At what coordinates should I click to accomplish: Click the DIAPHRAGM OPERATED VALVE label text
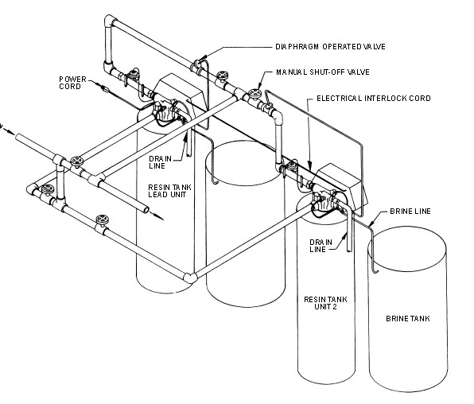[329, 47]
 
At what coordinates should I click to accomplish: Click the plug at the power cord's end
[106, 91]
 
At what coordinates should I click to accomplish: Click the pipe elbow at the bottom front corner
[189, 278]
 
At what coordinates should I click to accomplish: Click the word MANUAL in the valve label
[291, 72]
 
